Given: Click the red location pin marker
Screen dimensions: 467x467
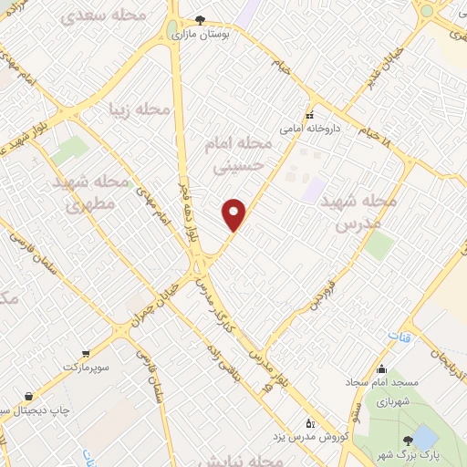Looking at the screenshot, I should [235, 214].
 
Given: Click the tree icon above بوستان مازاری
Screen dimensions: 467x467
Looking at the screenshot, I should [201, 19].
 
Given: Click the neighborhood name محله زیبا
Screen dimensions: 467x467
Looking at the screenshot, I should [140, 109].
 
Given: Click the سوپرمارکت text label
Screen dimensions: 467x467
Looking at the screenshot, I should [85, 366].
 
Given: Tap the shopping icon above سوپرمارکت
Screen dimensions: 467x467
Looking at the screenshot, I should [85, 353].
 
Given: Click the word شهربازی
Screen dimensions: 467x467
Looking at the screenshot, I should [385, 399].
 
